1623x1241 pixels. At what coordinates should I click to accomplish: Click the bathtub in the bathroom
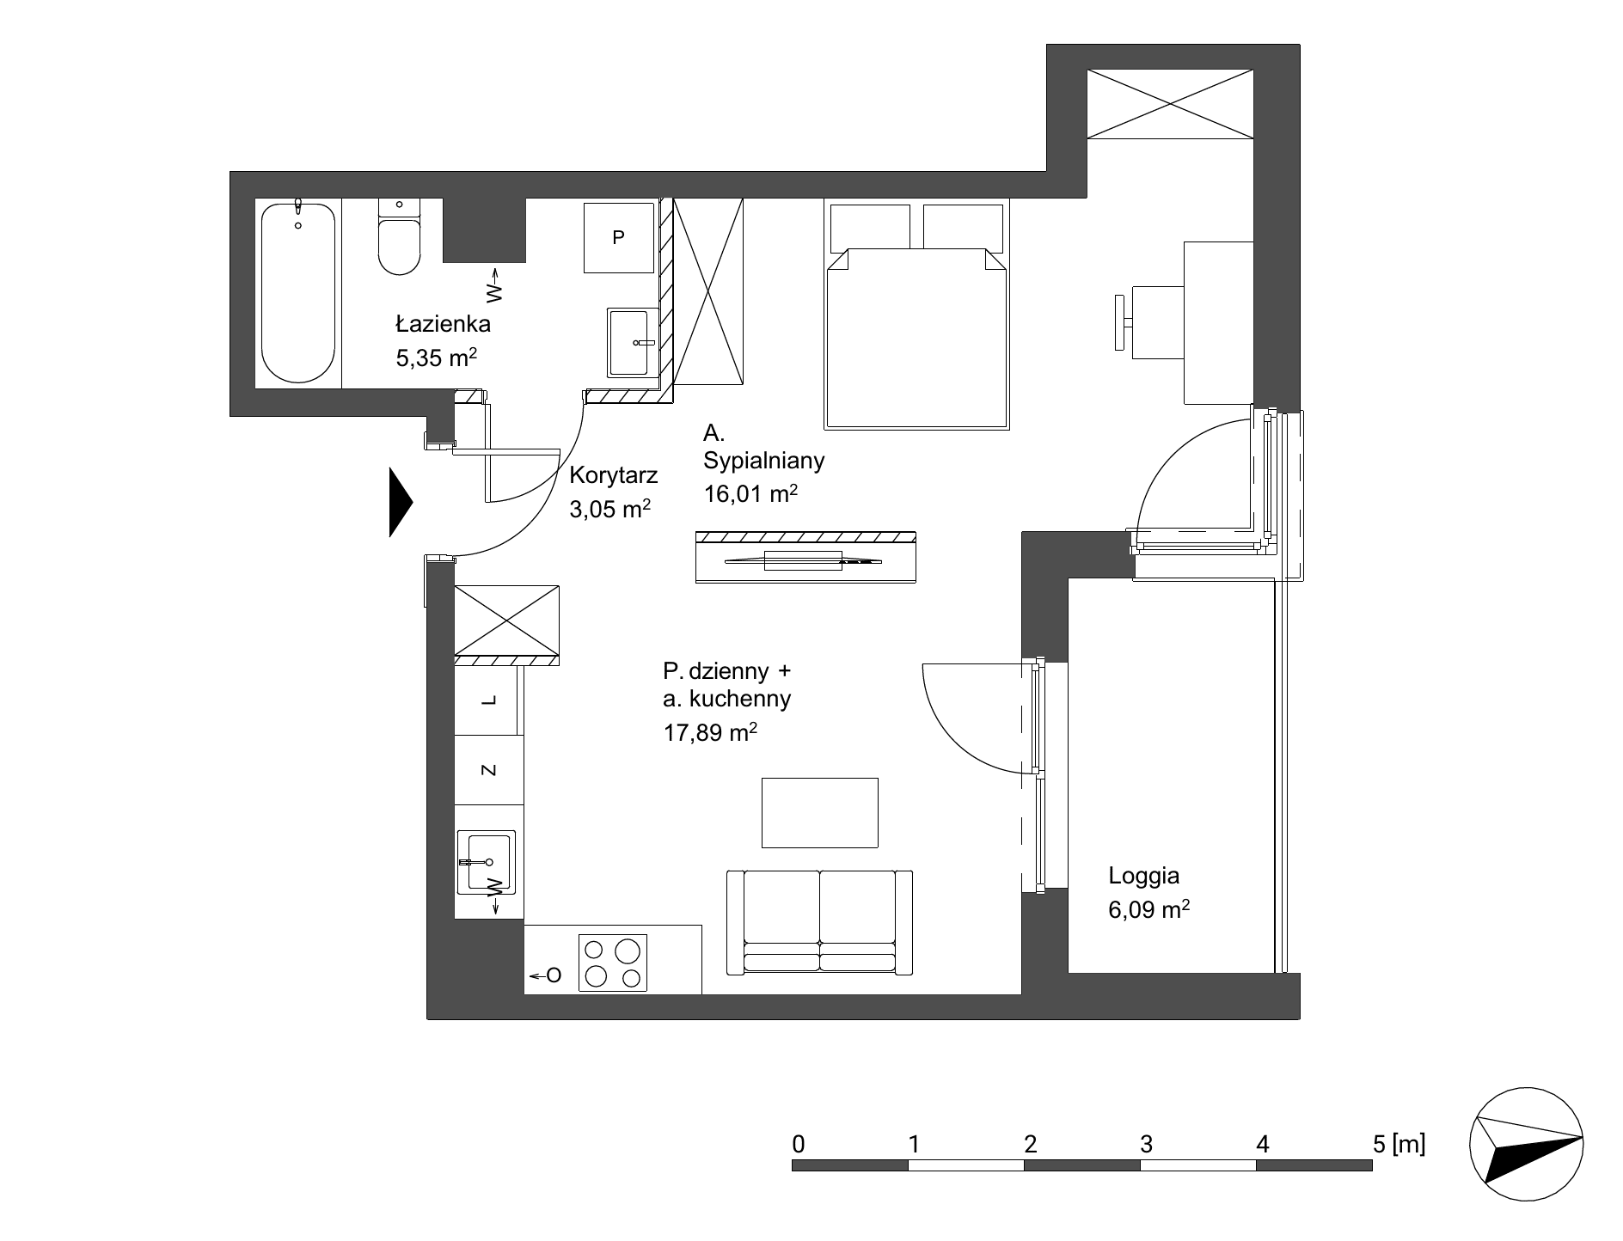click(x=297, y=292)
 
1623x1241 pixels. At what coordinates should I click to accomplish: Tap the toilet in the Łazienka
click(x=399, y=236)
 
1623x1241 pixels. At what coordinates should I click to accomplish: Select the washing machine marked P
click(x=618, y=238)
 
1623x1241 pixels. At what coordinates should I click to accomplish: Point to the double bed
click(x=916, y=316)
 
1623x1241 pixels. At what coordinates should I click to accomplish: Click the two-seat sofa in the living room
click(x=819, y=922)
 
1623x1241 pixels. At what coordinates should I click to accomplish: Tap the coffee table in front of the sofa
click(x=820, y=812)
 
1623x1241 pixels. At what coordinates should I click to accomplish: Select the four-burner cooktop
click(x=613, y=963)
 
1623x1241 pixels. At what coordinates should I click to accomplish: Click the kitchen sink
click(x=487, y=861)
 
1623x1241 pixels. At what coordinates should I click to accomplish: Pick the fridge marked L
click(x=488, y=700)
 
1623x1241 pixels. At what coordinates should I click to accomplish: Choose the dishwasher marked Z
click(x=488, y=770)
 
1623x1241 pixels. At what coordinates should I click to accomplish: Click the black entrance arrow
click(x=401, y=502)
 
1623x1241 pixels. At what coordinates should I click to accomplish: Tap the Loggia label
click(x=1143, y=877)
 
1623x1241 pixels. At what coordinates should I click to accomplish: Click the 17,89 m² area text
click(x=710, y=732)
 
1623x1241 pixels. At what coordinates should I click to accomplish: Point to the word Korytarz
click(x=614, y=475)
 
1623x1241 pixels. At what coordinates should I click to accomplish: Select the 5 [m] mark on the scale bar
click(x=1399, y=1144)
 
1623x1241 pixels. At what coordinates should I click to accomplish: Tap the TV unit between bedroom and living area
click(x=805, y=557)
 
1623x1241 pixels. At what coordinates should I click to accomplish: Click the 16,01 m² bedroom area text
click(x=751, y=493)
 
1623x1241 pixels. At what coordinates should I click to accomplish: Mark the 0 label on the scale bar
click(x=799, y=1144)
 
